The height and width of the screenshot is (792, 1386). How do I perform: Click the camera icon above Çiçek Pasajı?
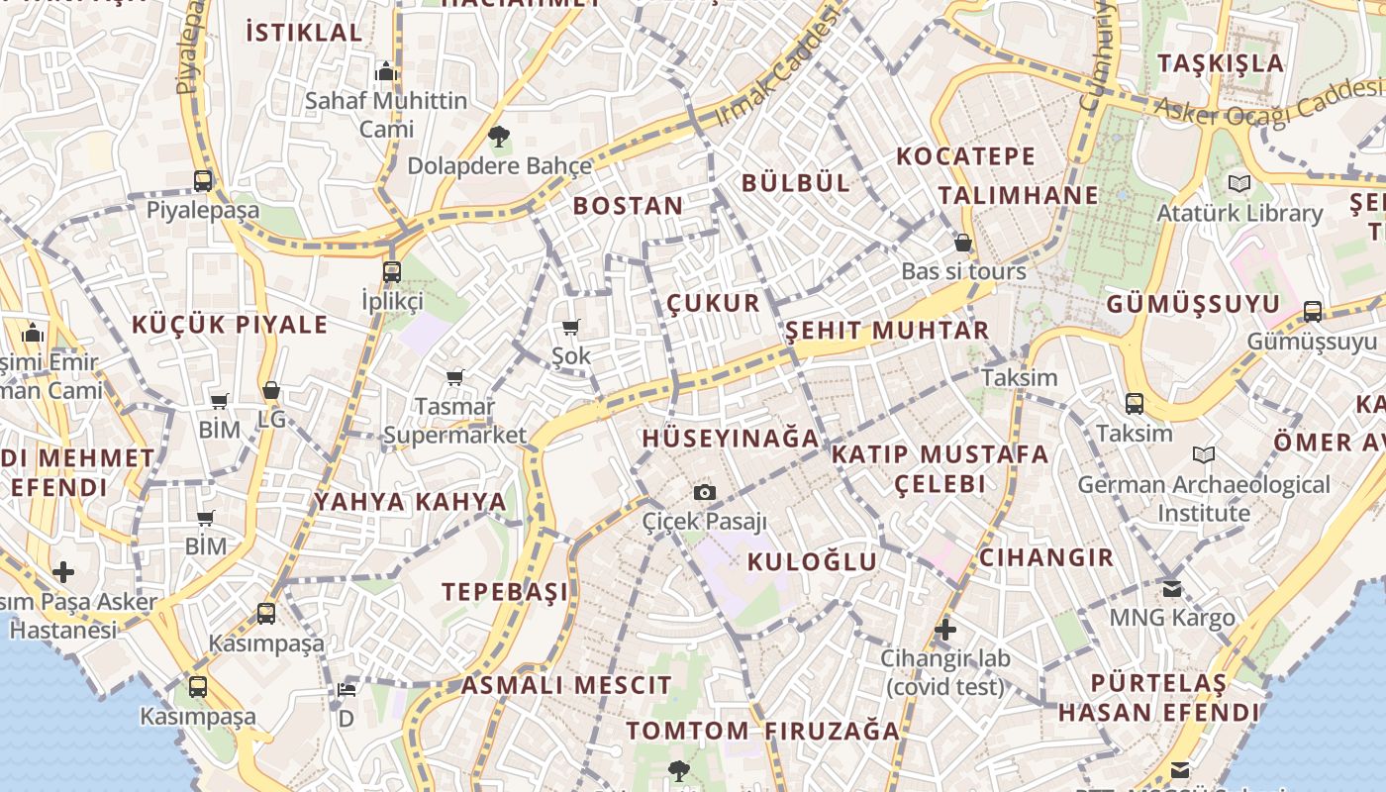(704, 492)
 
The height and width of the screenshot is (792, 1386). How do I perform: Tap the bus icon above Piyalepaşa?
(203, 180)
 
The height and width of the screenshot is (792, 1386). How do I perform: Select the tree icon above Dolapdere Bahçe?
(499, 136)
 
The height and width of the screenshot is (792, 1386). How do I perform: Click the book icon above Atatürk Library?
(1238, 183)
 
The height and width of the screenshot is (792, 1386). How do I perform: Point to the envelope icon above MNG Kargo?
(1172, 589)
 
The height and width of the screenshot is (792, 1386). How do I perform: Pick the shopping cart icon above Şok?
(570, 328)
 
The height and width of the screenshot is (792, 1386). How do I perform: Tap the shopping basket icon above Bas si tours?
(962, 243)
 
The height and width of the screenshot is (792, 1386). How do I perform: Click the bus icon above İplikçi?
(392, 271)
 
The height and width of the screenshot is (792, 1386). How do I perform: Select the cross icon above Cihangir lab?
(945, 629)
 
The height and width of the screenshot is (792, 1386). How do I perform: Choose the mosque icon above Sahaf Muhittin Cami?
(386, 71)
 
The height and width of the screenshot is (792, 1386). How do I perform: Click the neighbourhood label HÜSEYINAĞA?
(731, 438)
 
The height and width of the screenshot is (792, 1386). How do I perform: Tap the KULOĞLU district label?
(812, 561)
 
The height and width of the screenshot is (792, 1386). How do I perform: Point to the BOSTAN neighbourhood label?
(628, 206)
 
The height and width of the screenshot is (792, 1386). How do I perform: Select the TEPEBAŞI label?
(505, 592)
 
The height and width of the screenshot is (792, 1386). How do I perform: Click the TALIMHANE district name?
(1019, 195)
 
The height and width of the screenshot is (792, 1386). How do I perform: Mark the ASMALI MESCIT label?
(566, 685)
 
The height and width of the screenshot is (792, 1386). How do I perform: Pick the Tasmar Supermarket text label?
(455, 421)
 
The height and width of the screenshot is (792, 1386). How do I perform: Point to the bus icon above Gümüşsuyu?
(1313, 312)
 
